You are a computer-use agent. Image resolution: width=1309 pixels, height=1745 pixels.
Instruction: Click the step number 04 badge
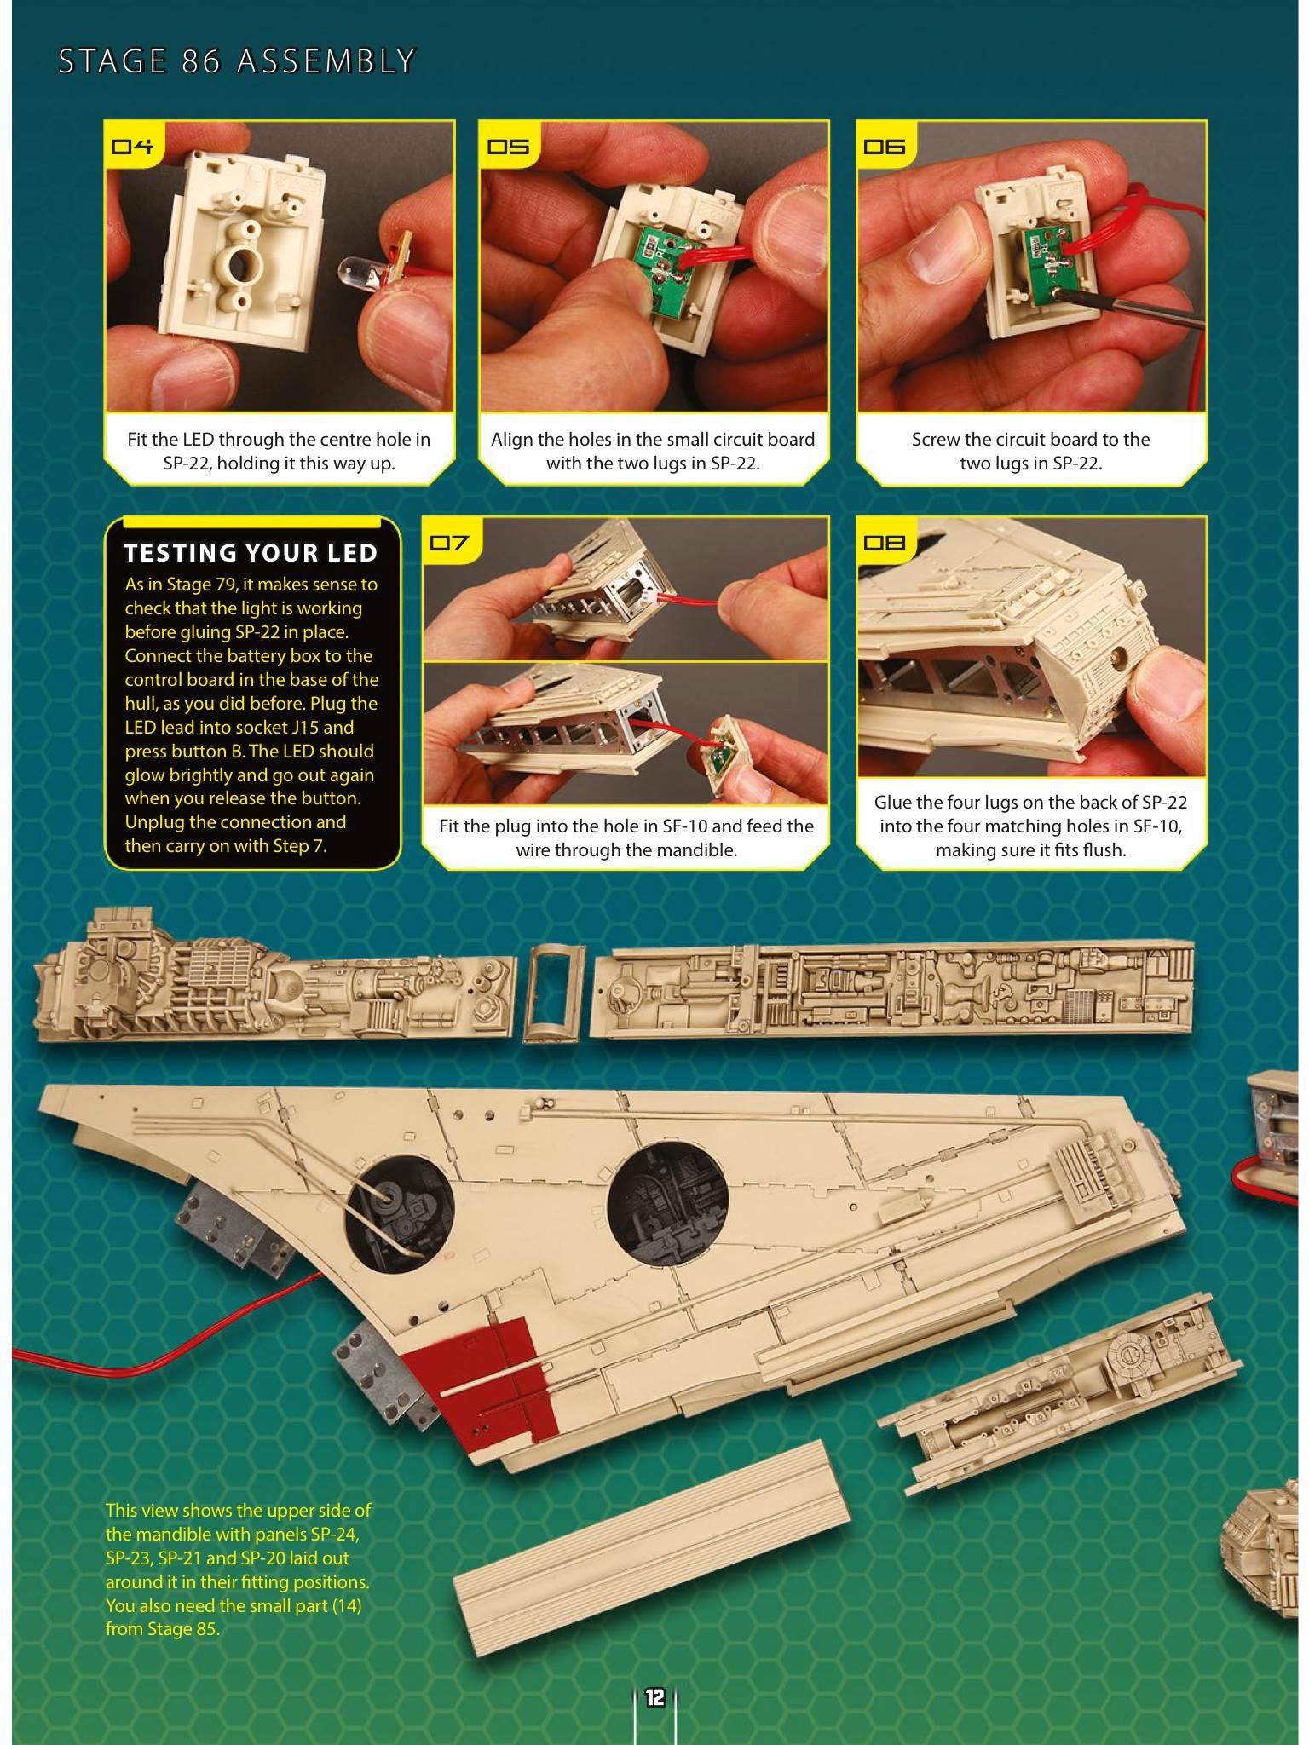[x=132, y=146]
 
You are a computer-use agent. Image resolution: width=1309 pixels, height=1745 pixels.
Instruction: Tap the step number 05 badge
[x=508, y=146]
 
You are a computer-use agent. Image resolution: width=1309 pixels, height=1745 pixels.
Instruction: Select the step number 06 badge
[x=885, y=146]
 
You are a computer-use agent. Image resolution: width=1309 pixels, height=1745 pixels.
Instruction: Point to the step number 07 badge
[x=450, y=542]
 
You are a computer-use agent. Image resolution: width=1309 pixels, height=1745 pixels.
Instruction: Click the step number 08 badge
[x=885, y=542]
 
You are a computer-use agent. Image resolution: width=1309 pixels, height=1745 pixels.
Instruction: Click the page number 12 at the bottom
[x=654, y=1696]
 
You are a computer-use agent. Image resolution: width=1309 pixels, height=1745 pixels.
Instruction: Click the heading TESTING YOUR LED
[x=251, y=553]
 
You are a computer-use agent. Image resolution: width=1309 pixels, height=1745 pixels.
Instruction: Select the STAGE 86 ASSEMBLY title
[x=236, y=61]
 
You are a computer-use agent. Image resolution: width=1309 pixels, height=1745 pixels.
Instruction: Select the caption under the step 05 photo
[x=653, y=452]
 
